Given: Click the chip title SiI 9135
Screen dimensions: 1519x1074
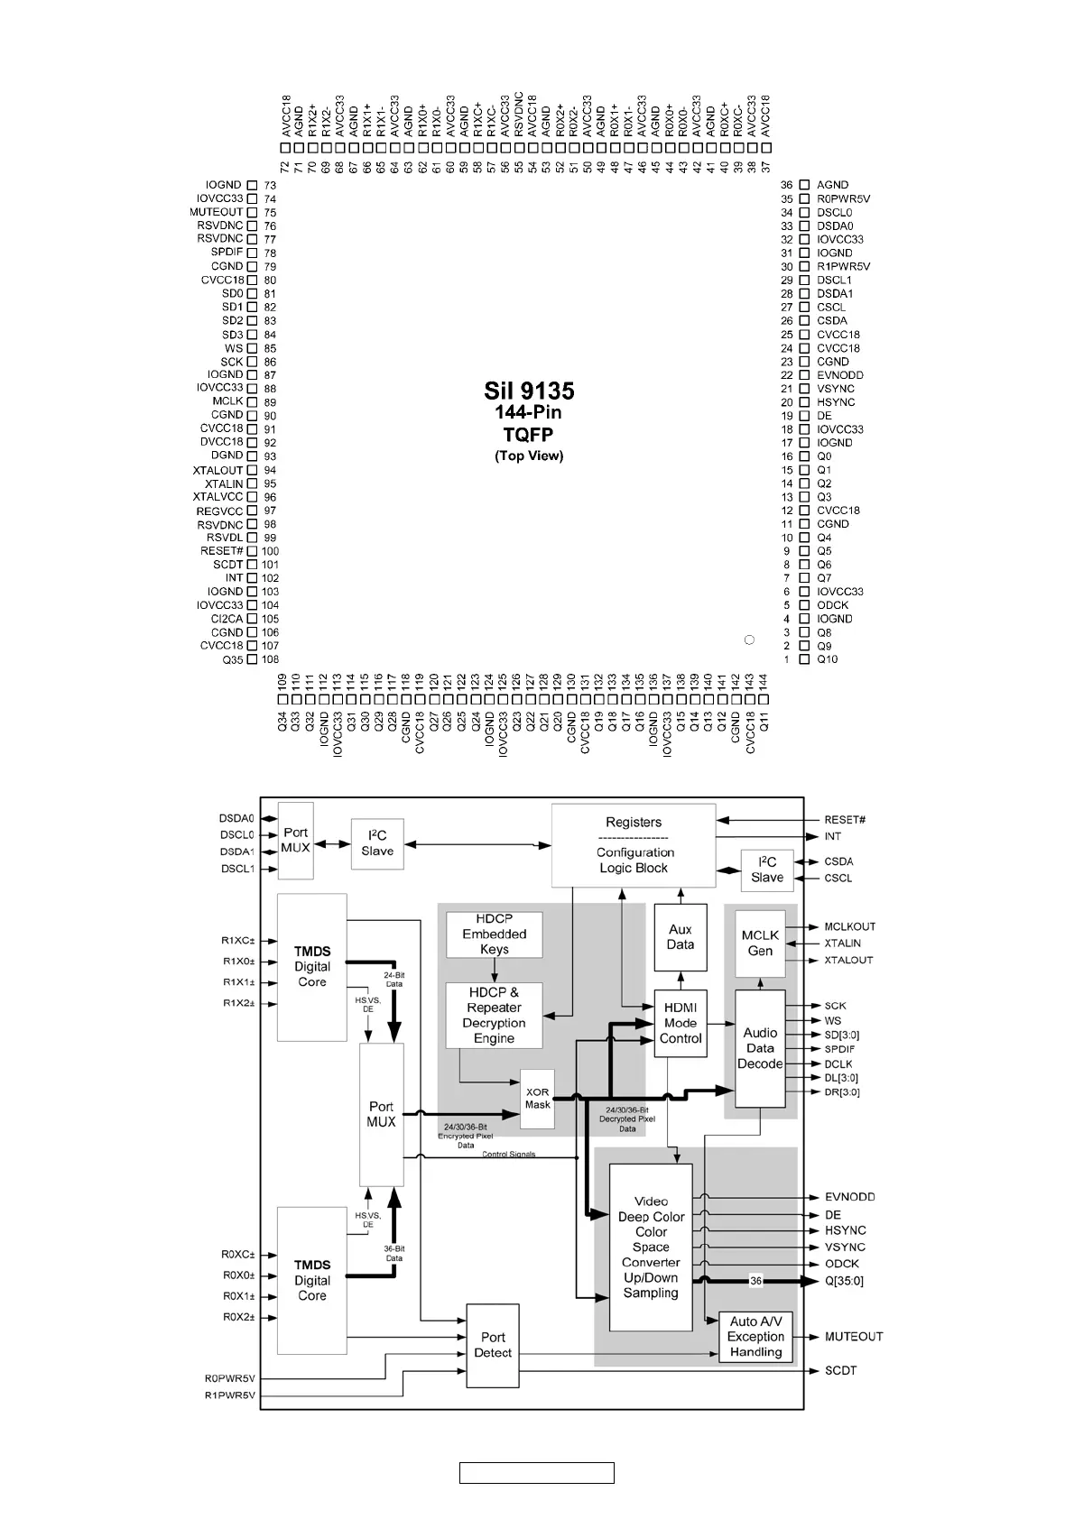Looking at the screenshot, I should click(x=529, y=391).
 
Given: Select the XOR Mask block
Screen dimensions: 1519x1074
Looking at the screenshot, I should click(x=538, y=1099).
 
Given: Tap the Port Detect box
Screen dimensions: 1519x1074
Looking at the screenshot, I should click(x=493, y=1345).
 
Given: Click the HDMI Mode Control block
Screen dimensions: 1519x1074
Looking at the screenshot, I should click(x=681, y=1023).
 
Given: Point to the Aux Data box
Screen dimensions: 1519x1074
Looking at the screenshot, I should click(x=681, y=937).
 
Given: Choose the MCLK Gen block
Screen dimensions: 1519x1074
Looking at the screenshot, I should click(x=760, y=944).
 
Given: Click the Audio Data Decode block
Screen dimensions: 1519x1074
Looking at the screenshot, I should click(x=760, y=1048).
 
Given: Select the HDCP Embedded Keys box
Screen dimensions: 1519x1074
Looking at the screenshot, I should click(x=495, y=934).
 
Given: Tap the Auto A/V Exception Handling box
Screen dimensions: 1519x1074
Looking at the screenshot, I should click(x=755, y=1337).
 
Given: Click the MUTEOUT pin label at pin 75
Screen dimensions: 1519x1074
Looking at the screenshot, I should click(x=217, y=212).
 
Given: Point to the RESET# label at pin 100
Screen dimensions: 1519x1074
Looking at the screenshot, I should click(x=222, y=551).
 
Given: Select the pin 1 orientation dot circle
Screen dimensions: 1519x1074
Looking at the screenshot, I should click(x=748, y=640).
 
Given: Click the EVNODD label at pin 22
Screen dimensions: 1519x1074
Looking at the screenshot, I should click(x=839, y=375).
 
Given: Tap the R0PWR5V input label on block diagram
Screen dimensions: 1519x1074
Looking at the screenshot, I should click(x=230, y=1378).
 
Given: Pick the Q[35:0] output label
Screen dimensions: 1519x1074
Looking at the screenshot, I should click(x=844, y=1281).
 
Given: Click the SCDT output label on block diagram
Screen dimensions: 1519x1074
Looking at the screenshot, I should click(x=840, y=1371).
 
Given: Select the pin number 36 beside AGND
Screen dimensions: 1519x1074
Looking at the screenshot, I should click(x=787, y=185).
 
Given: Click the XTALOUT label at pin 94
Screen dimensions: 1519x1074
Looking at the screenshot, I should click(x=218, y=470).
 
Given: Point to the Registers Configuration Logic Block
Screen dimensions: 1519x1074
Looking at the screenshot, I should click(x=634, y=845).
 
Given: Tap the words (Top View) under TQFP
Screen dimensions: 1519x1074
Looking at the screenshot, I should click(x=529, y=456).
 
